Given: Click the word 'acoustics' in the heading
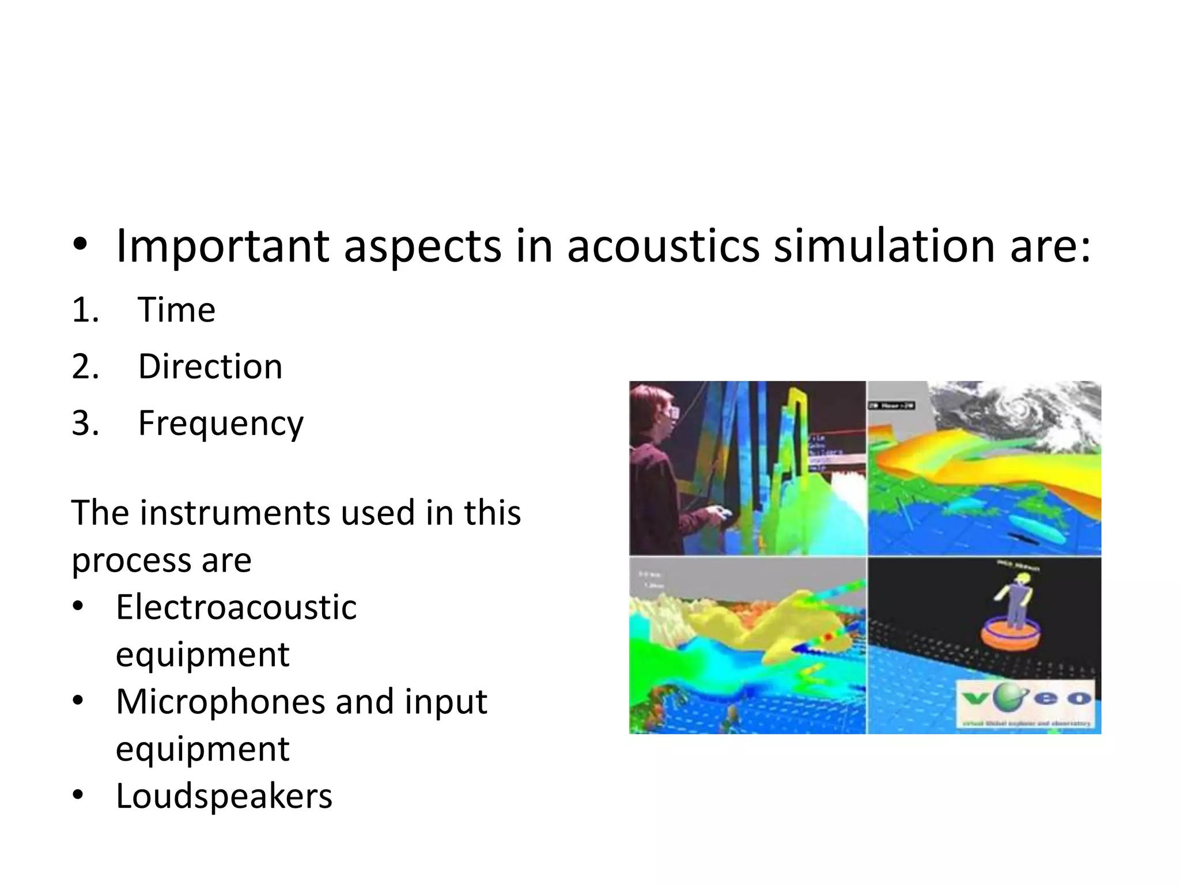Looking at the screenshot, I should point(663,247).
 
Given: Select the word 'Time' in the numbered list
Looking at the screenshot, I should point(176,310).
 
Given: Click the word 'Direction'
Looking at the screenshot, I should point(210,366).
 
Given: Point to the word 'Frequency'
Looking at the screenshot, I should point(221,424).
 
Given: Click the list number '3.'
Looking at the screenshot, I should point(85,423).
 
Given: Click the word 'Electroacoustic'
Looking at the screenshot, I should point(236,607).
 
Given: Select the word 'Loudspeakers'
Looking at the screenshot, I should point(224,796).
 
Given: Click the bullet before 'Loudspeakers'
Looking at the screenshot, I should point(78,795).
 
